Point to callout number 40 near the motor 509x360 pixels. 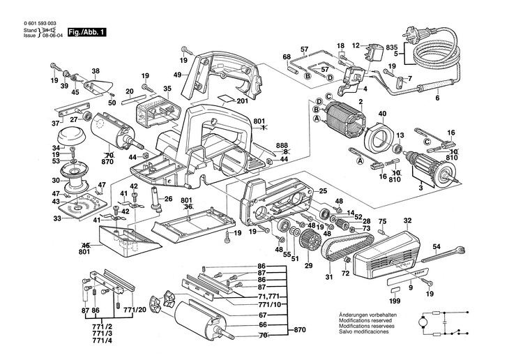tap(382, 114)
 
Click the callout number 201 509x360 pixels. tap(242, 100)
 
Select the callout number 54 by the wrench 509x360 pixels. tap(436, 247)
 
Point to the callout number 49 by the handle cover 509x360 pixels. tap(178, 75)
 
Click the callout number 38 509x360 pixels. tap(96, 70)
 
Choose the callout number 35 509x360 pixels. tap(167, 89)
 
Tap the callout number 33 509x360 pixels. tap(58, 218)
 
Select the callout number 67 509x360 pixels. tap(262, 315)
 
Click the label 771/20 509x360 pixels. tap(137, 309)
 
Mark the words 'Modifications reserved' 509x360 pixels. tap(364, 320)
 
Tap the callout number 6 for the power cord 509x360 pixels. tap(438, 98)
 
